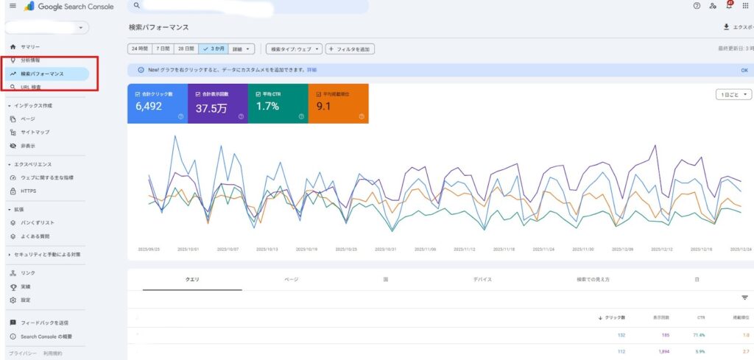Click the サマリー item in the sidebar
coord(31,47)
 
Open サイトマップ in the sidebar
coord(35,133)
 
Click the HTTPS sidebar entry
coord(28,191)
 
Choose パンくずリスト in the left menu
coord(38,222)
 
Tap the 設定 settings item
coord(26,300)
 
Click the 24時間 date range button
coord(138,49)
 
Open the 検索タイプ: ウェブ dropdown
coord(294,49)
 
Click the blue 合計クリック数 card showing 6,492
coord(158,103)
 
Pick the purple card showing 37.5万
coord(218,103)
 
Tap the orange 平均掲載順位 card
coord(338,103)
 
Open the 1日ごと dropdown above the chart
coord(734,94)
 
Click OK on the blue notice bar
coord(744,70)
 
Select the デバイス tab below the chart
coord(482,280)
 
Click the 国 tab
coord(386,280)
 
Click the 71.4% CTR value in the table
coord(702,334)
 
